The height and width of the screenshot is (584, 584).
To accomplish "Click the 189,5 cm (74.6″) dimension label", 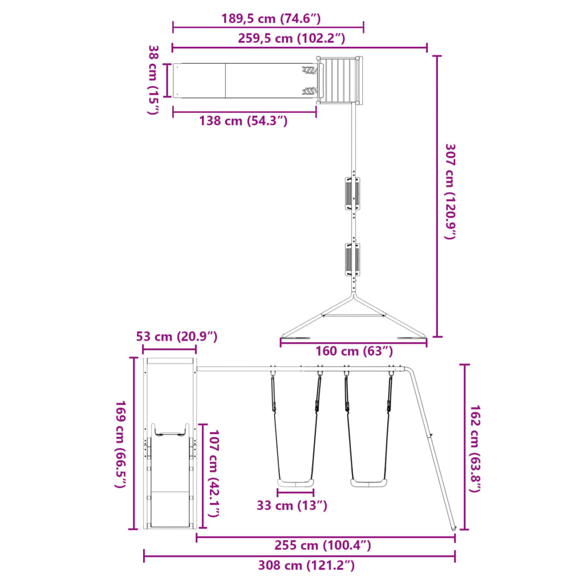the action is [271, 18].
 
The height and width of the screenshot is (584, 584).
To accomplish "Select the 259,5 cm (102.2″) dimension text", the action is [291, 38].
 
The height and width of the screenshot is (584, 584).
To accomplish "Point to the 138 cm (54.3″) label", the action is [243, 121].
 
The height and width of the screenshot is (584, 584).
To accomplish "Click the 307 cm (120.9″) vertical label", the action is [451, 192].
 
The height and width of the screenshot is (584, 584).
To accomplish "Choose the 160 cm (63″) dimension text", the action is [354, 351].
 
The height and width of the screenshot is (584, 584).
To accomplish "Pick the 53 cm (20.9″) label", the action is [177, 336].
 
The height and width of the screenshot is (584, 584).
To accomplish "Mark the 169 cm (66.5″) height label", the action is [121, 444].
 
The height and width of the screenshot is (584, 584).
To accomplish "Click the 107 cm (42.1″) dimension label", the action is [213, 473].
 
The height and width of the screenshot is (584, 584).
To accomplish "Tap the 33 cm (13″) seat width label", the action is [292, 505].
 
